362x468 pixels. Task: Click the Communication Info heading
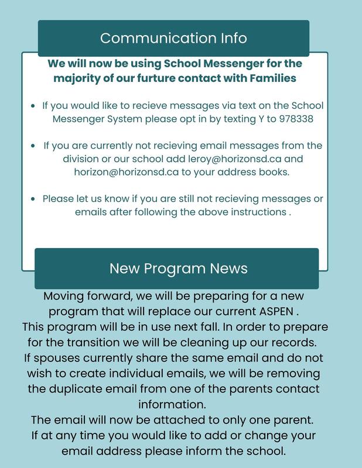(x=173, y=38)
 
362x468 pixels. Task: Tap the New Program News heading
(x=178, y=269)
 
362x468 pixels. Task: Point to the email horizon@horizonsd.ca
(x=123, y=173)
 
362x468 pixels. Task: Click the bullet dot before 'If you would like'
(x=33, y=107)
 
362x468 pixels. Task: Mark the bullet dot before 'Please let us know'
(x=33, y=199)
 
